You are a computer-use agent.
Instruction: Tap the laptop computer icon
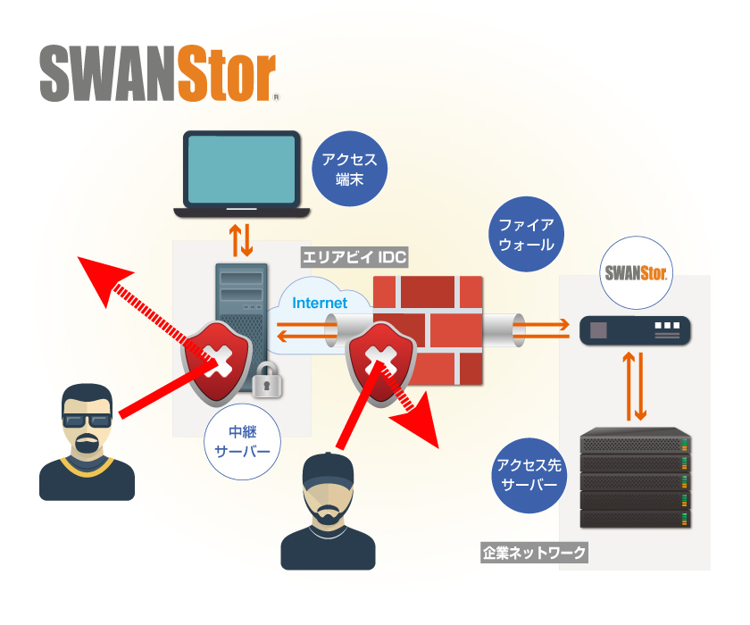(x=241, y=175)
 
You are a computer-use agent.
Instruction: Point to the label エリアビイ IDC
(x=354, y=258)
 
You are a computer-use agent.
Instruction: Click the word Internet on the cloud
(x=320, y=303)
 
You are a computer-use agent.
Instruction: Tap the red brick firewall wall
(x=429, y=330)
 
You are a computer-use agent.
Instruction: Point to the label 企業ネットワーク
(x=534, y=554)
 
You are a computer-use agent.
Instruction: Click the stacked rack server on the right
(x=636, y=479)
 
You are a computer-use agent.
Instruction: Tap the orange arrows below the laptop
(x=242, y=239)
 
